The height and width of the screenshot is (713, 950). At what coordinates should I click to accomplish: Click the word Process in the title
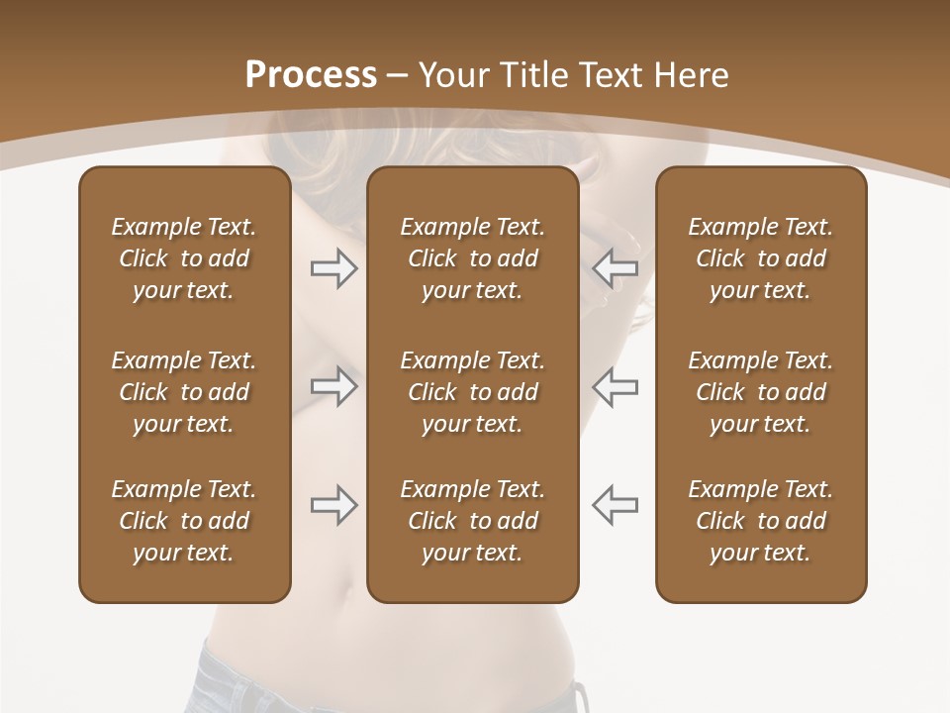pos(311,75)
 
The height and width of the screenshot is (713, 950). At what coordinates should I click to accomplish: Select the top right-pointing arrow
pos(333,268)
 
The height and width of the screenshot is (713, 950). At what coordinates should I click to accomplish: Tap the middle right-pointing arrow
pos(333,385)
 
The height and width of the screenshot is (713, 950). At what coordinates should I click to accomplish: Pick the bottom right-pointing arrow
pos(333,505)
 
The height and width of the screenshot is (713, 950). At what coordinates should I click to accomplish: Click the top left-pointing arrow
pos(616,268)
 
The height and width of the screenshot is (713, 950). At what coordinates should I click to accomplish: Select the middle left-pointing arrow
pos(616,385)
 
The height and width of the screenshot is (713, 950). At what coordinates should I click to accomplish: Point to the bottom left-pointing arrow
pos(616,505)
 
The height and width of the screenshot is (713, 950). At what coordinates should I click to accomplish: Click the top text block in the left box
pos(184,258)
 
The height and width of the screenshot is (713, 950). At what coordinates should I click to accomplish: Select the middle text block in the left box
pos(184,392)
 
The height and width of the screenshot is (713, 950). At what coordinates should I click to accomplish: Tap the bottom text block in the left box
pos(184,521)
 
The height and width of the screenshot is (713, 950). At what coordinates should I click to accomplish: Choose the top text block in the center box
pos(473,258)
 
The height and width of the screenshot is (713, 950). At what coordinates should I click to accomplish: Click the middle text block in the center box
pos(473,392)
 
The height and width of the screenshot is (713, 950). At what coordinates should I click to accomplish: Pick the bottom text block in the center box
pos(473,521)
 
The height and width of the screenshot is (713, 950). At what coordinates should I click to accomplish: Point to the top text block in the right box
pos(761,258)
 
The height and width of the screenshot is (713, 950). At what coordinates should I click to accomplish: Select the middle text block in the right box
pos(761,392)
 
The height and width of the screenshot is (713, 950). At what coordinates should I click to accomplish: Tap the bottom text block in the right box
pos(761,521)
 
